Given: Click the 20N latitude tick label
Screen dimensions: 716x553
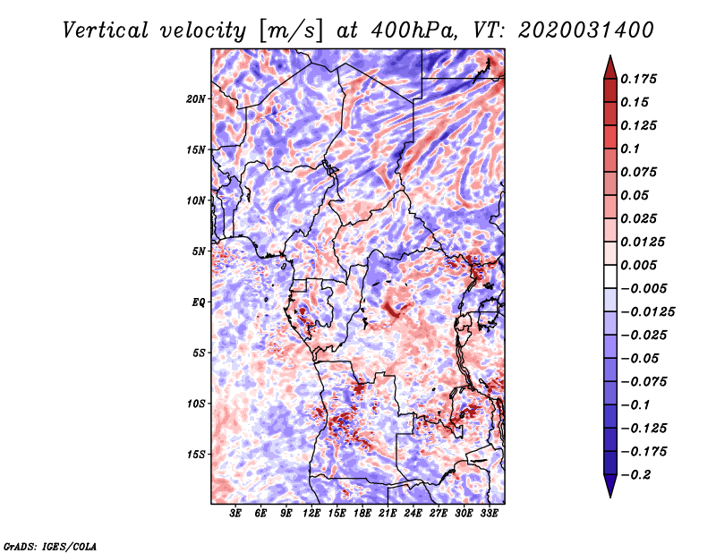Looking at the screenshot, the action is point(196,99).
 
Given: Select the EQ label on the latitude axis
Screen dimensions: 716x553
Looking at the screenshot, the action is point(199,302).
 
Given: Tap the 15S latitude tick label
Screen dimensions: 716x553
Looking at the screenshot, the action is point(196,455).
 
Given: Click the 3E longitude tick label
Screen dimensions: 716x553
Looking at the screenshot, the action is point(235,514).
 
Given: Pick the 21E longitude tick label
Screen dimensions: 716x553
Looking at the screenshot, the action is point(388,514).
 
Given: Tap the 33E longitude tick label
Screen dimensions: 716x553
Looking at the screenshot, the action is point(489,514).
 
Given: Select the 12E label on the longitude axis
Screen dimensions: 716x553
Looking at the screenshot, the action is point(311,514).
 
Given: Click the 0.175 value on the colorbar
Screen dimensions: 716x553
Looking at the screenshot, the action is point(638,79).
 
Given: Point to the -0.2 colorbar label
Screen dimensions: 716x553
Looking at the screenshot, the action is point(635,475).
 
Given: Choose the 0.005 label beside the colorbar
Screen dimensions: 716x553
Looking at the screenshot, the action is point(638,265).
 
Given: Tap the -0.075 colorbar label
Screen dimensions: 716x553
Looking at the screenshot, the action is point(644,382).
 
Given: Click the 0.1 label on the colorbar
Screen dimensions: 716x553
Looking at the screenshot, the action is point(630,149).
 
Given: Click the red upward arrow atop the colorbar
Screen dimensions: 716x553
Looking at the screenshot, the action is point(610,67).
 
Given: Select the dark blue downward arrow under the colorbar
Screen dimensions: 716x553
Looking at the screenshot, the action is point(610,486).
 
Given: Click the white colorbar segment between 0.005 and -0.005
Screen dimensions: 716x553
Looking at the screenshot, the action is point(610,276).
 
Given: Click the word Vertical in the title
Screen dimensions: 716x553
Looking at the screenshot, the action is point(106,30).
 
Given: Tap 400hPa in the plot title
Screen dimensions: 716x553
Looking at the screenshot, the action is point(413,30).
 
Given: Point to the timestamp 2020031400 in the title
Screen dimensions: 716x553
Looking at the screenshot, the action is point(586,30).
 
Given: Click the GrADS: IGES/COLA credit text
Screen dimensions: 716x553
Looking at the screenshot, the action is point(50,547).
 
